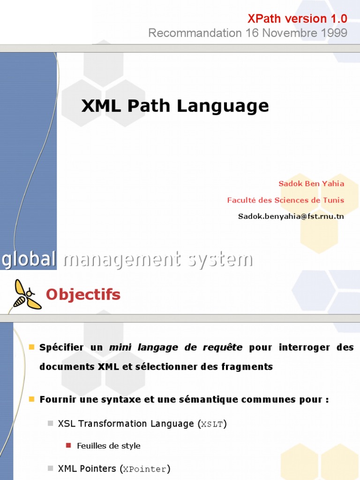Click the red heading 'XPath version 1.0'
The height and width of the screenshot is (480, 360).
click(297, 19)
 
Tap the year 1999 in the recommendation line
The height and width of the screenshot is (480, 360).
click(333, 33)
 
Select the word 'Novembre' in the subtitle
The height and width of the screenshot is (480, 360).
click(286, 33)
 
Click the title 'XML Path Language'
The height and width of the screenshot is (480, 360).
click(175, 106)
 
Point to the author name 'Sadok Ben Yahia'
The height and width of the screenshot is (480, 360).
click(311, 183)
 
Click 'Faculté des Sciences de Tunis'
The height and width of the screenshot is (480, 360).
click(285, 200)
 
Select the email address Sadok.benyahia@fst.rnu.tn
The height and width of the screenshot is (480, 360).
click(291, 216)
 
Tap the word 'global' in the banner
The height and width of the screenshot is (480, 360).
click(29, 259)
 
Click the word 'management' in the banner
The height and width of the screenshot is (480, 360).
click(122, 259)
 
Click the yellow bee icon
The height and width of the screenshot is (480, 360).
click(26, 294)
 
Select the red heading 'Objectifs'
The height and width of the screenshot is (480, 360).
click(83, 294)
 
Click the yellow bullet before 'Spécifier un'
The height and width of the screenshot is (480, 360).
click(32, 347)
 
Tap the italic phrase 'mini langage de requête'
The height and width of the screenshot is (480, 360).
click(176, 347)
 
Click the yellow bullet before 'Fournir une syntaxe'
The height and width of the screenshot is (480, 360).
click(32, 399)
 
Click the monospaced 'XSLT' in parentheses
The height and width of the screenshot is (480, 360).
click(212, 424)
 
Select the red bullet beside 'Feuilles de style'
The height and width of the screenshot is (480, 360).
click(68, 445)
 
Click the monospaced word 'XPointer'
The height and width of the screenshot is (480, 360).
click(145, 469)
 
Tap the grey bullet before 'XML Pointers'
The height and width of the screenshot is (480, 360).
click(50, 468)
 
